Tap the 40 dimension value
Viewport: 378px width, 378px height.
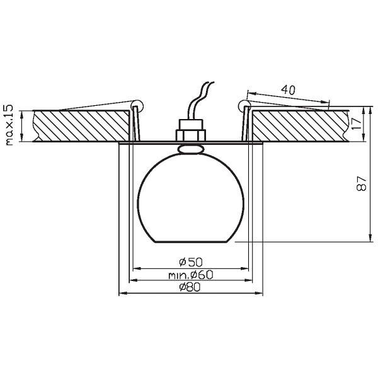click(289, 89)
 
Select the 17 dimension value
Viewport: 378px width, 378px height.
click(357, 123)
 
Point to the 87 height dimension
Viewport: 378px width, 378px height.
click(361, 184)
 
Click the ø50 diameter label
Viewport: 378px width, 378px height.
click(191, 262)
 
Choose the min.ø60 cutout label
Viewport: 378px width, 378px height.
click(191, 275)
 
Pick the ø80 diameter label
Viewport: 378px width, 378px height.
click(190, 287)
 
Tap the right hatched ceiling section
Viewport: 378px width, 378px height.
click(300, 125)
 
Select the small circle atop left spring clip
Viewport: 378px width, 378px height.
click(137, 106)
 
